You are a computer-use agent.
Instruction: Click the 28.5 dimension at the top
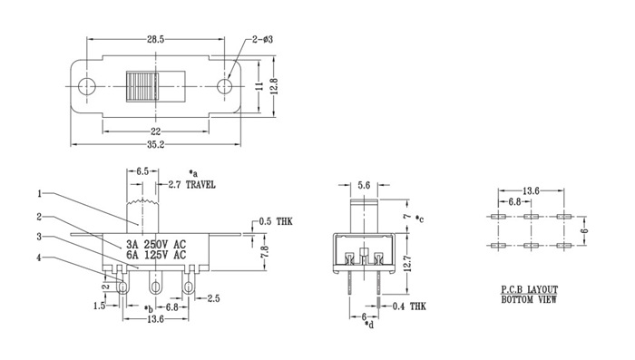(155, 39)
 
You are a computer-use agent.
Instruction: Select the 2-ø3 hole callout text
(262, 39)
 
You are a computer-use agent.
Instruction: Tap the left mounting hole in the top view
(86, 86)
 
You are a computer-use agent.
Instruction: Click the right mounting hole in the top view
(224, 86)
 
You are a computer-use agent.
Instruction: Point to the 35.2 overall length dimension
(155, 144)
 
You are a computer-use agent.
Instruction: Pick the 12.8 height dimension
(274, 86)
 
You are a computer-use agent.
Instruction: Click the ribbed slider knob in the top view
(142, 87)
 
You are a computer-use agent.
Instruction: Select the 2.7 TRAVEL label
(192, 185)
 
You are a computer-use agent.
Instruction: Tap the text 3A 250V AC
(156, 244)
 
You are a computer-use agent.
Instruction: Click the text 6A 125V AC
(156, 255)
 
